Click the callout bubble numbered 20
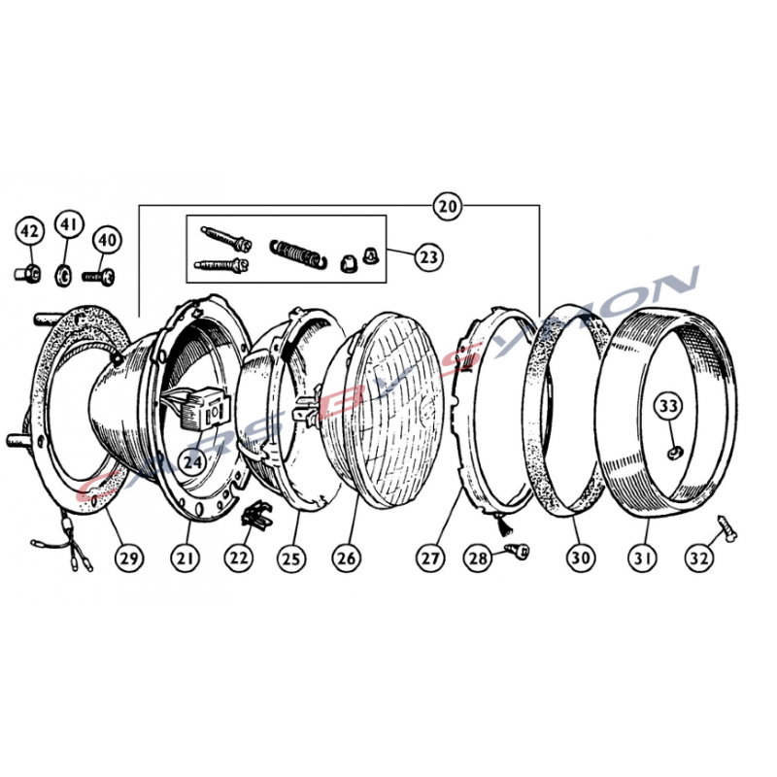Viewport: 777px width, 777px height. pyautogui.click(x=447, y=205)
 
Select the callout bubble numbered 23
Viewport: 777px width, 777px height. pyautogui.click(x=429, y=257)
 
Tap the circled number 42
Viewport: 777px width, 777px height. pyautogui.click(x=30, y=231)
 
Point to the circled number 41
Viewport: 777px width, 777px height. pyautogui.click(x=69, y=224)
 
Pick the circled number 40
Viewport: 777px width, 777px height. pyautogui.click(x=108, y=240)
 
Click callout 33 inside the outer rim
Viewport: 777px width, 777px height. pyautogui.click(x=668, y=406)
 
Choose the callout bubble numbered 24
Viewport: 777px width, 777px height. pyautogui.click(x=192, y=462)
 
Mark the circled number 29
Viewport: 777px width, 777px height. pyautogui.click(x=129, y=557)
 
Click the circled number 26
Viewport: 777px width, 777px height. pyautogui.click(x=347, y=557)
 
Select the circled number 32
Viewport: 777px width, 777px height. pyautogui.click(x=698, y=557)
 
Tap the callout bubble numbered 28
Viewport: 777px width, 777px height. pyautogui.click(x=478, y=557)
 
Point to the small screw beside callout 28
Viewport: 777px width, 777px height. pyautogui.click(x=518, y=551)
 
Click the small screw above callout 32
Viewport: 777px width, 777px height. pyautogui.click(x=726, y=527)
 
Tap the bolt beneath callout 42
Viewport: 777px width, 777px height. pyautogui.click(x=28, y=273)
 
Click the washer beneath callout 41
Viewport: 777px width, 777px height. pyautogui.click(x=63, y=275)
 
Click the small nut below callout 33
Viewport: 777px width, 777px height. pyautogui.click(x=674, y=453)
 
